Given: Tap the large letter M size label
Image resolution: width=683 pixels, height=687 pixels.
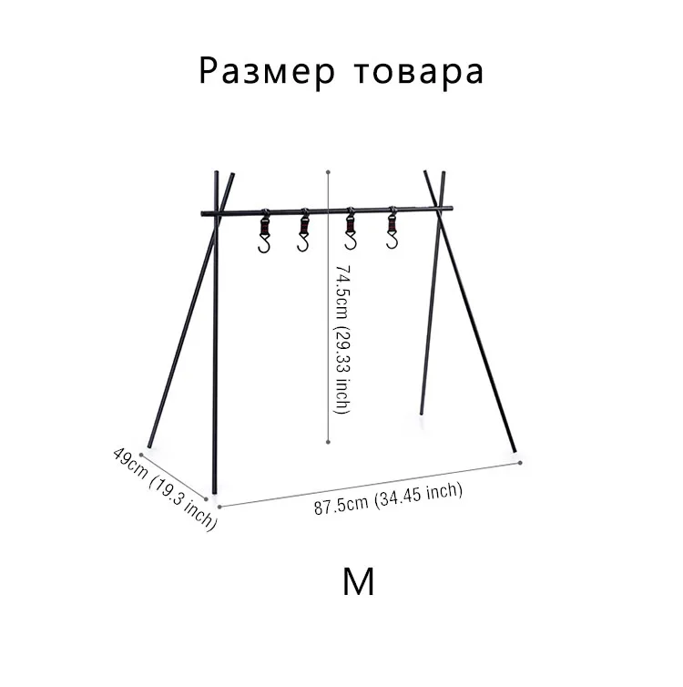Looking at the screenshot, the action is (x=359, y=581).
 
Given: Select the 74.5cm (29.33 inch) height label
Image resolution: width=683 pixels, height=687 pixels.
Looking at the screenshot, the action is (x=341, y=340).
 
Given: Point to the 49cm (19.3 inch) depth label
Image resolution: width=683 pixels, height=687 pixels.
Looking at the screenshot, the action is (x=164, y=487).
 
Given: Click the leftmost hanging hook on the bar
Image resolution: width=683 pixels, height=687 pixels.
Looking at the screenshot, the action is (x=264, y=234).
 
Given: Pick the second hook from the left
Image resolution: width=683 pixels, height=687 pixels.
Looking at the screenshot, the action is (x=304, y=234).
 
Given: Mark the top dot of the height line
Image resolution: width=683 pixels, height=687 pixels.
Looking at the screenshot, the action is (x=328, y=169).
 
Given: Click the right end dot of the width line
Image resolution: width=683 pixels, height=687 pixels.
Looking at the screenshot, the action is (x=520, y=462).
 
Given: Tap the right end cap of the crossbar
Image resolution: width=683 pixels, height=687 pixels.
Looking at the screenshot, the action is (x=450, y=209).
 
